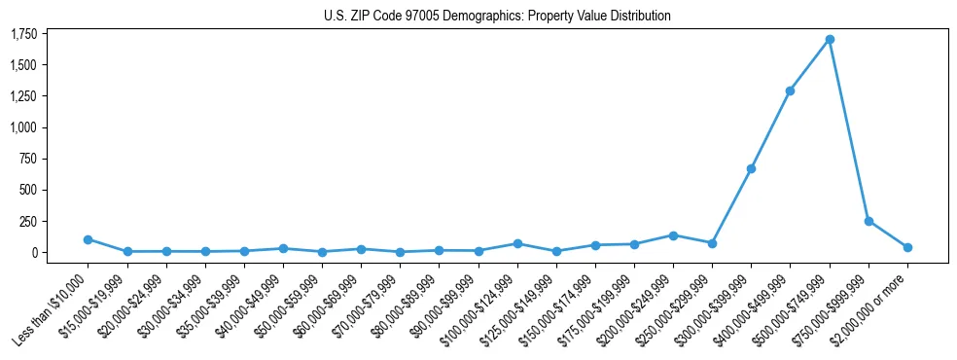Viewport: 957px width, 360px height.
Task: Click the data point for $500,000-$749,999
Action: click(830, 40)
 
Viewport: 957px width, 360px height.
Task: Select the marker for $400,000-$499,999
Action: click(790, 90)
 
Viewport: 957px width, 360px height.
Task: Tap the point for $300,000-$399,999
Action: click(751, 168)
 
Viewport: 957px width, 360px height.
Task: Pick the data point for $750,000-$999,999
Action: click(868, 221)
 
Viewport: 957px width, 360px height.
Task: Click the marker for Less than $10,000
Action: click(88, 239)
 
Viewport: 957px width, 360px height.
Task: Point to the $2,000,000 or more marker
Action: click(907, 247)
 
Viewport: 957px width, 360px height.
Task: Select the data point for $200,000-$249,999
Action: click(673, 235)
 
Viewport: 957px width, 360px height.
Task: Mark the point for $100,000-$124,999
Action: click(517, 243)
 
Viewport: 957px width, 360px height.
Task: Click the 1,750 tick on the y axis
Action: click(23, 34)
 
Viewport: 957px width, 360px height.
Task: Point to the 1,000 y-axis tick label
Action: click(23, 127)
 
